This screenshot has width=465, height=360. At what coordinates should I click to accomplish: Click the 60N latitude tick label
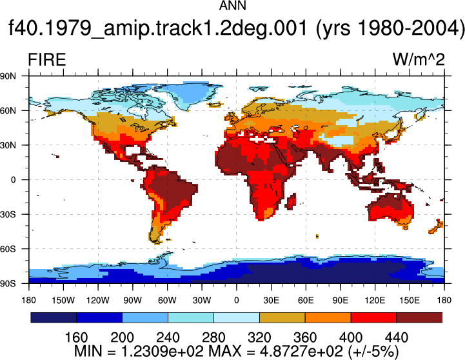[x=8, y=111]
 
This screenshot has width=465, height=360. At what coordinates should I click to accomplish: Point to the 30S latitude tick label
[x=8, y=214]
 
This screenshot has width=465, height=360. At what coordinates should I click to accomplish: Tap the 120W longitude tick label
[x=98, y=301]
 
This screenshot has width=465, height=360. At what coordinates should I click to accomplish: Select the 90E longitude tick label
[x=340, y=301]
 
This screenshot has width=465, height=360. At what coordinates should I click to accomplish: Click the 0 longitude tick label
[x=236, y=301]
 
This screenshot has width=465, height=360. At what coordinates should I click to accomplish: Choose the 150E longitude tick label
[x=410, y=301]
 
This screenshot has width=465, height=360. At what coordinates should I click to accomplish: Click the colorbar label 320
[x=259, y=338]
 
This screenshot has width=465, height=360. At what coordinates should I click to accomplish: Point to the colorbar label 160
[x=76, y=338]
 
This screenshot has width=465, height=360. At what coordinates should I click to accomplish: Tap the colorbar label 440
[x=397, y=338]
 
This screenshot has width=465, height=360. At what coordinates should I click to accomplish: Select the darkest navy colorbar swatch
[x=54, y=317]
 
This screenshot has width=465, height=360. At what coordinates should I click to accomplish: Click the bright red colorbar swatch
[x=373, y=317]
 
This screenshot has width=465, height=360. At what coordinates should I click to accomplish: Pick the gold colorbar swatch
[x=282, y=317]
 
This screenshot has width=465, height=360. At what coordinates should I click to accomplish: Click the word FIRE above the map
[x=47, y=60]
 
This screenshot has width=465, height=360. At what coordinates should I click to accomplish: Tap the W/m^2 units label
[x=419, y=59]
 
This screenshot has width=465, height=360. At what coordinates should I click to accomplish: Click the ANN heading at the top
[x=232, y=6]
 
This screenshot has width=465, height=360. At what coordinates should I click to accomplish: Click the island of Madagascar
[x=292, y=201]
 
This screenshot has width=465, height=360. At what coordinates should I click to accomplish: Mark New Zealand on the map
[x=436, y=227]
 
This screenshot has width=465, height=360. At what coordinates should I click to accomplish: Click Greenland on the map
[x=190, y=94]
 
